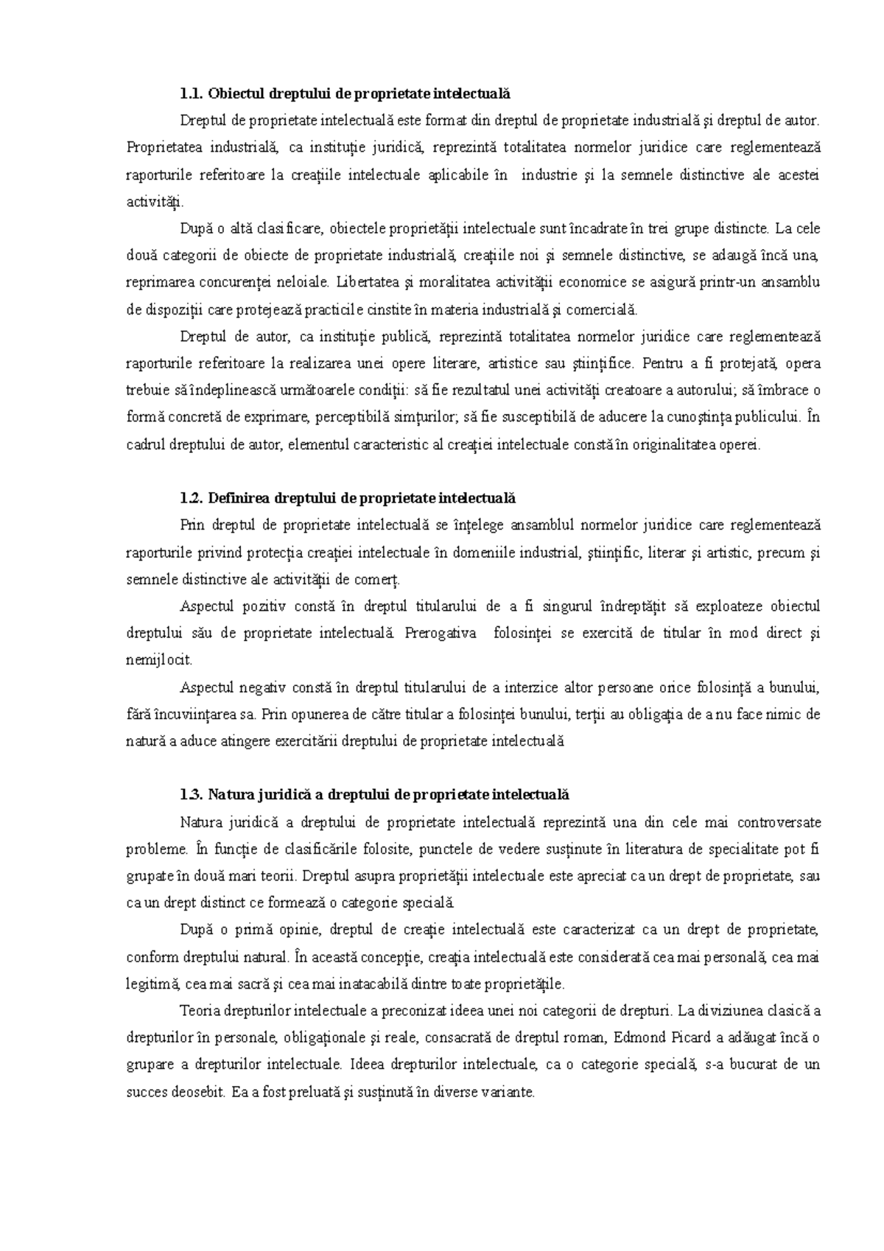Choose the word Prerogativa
[441, 634]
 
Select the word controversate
[779, 822]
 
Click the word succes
[147, 1092]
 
